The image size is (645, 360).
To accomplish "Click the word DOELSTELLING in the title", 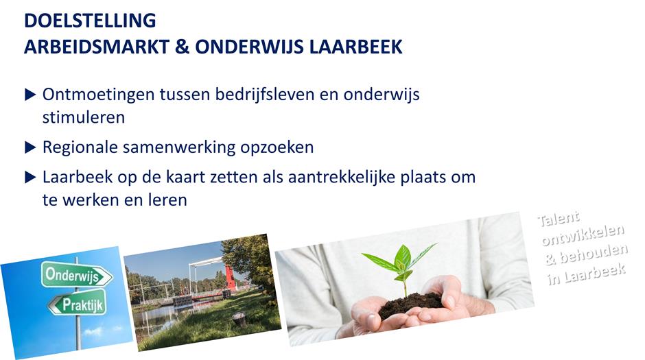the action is [90, 21].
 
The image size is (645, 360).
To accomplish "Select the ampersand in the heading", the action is [183, 47].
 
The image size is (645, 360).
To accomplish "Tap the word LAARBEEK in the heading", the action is [355, 47].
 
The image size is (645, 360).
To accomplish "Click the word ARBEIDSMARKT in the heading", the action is [97, 47].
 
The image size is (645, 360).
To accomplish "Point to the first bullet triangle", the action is [30, 95].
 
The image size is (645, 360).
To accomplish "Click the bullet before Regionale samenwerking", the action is [30, 147].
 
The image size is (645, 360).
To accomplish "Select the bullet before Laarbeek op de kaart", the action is [30, 177].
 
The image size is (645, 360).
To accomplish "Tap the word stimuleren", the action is [84, 117].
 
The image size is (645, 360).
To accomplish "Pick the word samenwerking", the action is [179, 147].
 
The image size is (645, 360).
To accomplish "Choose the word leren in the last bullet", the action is [170, 200].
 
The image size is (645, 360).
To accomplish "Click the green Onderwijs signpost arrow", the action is [77, 274].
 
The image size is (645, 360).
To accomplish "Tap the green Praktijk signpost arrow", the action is [78, 303].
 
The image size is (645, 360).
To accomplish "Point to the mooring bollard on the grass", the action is [239, 319].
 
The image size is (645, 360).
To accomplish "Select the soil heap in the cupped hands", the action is [411, 304].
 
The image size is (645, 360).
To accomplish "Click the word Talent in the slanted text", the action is [559, 219].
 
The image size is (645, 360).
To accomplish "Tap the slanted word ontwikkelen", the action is [583, 235].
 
